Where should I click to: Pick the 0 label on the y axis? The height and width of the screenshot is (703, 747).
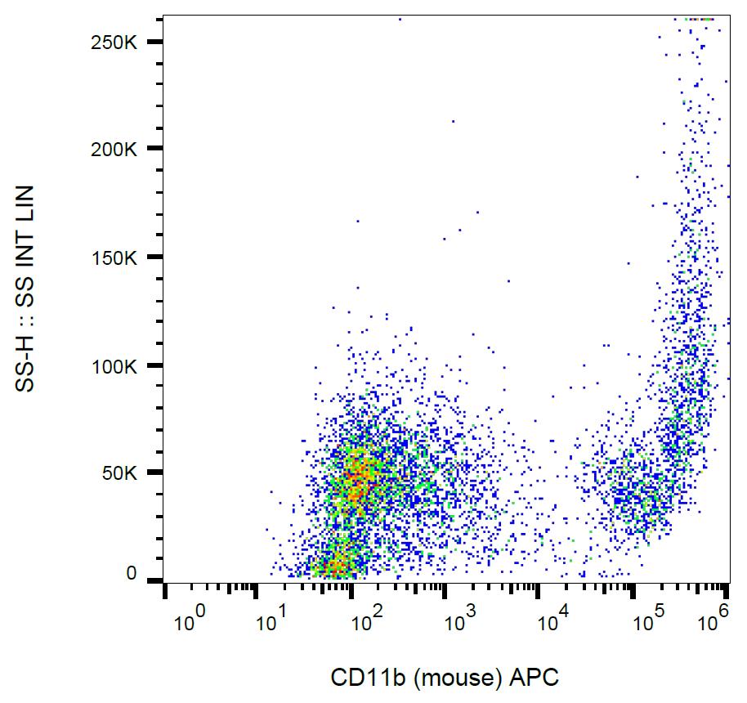pos(131,574)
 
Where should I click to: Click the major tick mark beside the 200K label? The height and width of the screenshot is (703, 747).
pos(154,149)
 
